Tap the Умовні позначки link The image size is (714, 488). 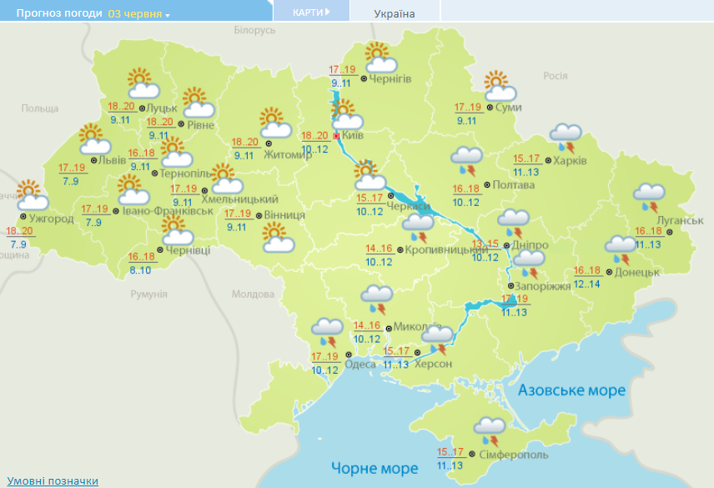pos(53,481)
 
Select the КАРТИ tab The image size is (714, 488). pos(310,12)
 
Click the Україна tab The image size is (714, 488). pos(395,13)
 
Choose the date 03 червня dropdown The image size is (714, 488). pos(138,14)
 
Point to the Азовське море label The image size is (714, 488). pos(571,390)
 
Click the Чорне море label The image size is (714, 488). pos(374,467)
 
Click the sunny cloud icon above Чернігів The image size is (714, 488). pos(380,58)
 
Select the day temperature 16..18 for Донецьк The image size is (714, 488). pos(587,271)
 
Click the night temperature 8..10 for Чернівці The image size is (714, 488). pos(140,269)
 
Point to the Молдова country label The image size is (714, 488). pos(252,294)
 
